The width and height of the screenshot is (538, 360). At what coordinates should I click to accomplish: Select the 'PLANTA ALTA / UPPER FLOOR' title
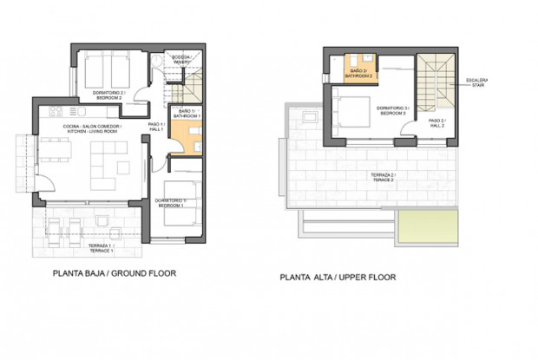coord(338,278)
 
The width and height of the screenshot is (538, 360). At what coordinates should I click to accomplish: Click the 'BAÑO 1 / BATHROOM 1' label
coord(187,114)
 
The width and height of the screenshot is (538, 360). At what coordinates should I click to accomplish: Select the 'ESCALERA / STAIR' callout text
coord(476,83)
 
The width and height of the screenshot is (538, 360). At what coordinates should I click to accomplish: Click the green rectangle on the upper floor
coord(425,227)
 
